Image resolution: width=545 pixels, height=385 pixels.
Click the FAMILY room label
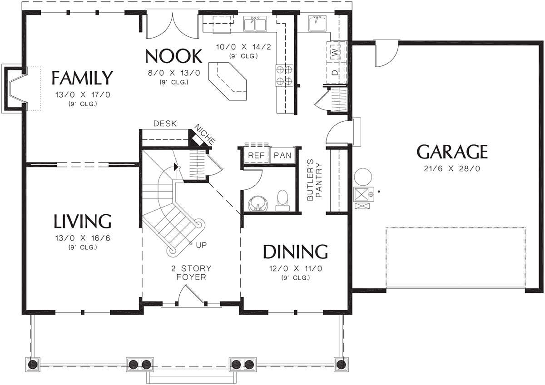point(82,78)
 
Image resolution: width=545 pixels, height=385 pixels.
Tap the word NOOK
point(173,56)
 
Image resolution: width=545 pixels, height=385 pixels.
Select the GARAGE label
point(452,152)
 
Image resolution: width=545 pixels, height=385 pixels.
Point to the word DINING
point(295,252)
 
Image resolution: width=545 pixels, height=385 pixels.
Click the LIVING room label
point(82,221)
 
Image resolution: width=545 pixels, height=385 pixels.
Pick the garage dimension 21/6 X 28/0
point(452,168)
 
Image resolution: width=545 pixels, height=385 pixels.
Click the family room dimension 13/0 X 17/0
point(83,94)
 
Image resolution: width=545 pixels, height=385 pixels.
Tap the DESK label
point(165,123)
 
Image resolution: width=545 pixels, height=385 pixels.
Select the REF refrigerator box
point(256,155)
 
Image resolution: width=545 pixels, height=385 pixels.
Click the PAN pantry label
point(282,155)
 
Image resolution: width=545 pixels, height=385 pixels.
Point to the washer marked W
point(335,52)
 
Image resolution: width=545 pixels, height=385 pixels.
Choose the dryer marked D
point(335,73)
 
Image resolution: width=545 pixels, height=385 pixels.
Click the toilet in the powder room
point(282,200)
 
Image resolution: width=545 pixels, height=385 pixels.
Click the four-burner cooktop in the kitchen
point(284,75)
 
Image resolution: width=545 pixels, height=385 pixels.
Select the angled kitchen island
point(228,81)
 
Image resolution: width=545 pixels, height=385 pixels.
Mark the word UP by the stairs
point(201,245)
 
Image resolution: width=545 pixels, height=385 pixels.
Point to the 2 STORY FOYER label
point(191,273)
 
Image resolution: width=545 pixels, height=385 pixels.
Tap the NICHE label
point(205,134)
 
